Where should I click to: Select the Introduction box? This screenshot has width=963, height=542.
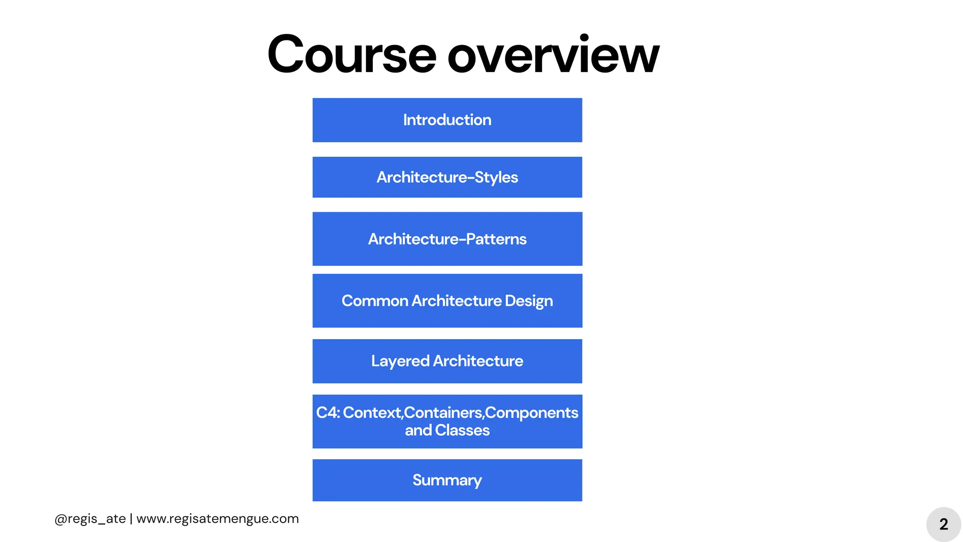[447, 120]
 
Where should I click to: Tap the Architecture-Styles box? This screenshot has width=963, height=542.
[447, 177]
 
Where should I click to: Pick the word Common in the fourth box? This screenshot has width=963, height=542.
[375, 301]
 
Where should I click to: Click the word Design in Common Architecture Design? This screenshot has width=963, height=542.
[529, 301]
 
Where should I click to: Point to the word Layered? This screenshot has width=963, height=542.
[400, 361]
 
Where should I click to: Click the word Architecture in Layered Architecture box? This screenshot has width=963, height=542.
[478, 361]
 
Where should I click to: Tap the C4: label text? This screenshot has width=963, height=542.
[328, 413]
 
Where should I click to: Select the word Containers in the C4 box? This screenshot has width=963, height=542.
[443, 413]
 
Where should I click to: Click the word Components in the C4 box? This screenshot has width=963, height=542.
[532, 413]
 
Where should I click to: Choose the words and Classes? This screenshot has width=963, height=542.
[447, 430]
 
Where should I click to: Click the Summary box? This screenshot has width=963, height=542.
[447, 480]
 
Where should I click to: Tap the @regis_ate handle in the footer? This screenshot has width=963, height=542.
[90, 518]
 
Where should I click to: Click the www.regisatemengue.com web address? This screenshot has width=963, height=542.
[217, 518]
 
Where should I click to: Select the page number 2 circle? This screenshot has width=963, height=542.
[943, 524]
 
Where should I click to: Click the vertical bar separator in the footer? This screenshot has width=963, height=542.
[131, 518]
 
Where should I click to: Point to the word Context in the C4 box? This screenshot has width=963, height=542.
[372, 413]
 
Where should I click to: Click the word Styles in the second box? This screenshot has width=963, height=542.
[496, 177]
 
